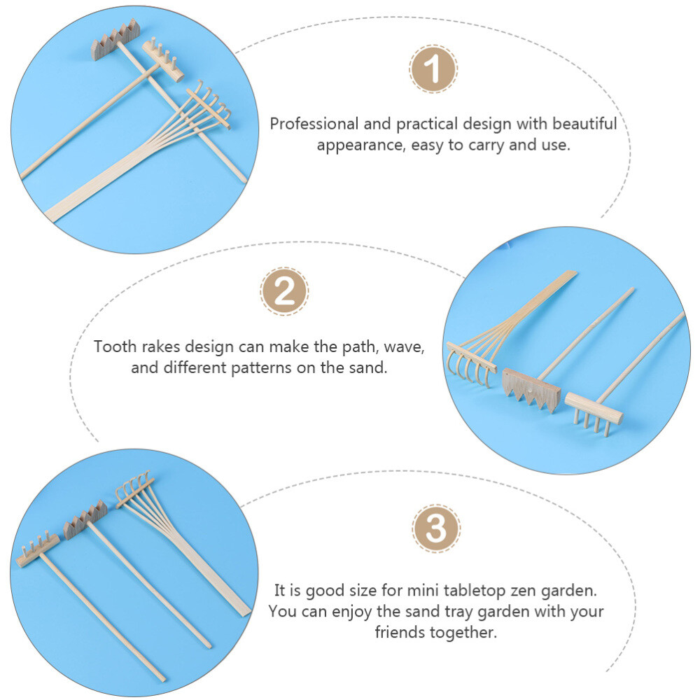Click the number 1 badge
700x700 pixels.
click(433, 69)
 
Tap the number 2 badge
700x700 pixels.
click(284, 291)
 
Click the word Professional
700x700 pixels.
click(314, 125)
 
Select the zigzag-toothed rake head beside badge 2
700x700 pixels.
click(532, 388)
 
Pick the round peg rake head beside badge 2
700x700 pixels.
click(594, 409)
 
